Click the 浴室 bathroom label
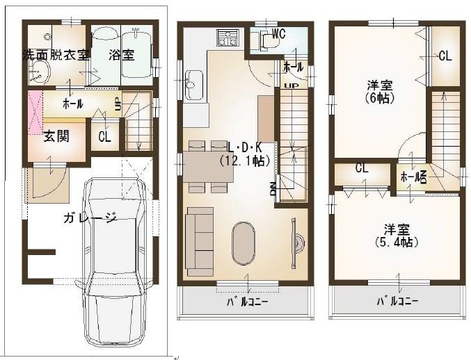121,55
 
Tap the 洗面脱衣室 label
56,55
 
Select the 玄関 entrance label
56,136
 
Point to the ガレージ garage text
90,218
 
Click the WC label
278,34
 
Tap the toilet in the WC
269,41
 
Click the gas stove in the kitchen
227,38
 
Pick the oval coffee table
244,243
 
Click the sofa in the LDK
200,241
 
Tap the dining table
208,167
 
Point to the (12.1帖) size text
244,161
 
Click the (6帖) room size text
380,98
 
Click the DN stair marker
273,189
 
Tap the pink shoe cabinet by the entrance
35,113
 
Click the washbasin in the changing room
40,72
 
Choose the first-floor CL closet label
104,137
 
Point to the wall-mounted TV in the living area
294,243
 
